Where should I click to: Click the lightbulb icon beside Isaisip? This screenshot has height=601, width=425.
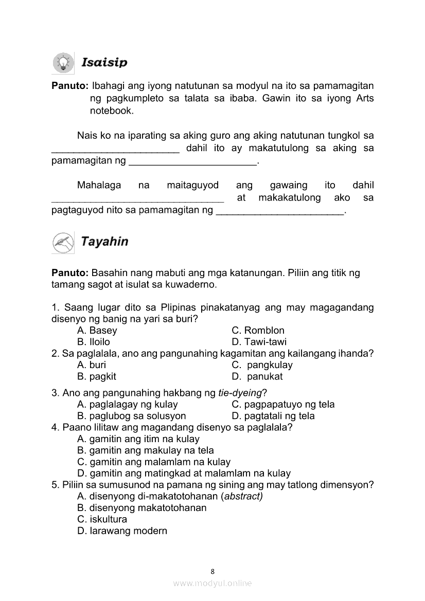(63, 63)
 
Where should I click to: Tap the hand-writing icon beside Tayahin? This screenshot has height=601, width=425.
(63, 242)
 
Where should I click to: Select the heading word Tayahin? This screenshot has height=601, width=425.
(104, 242)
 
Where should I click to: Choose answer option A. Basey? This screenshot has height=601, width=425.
(97, 331)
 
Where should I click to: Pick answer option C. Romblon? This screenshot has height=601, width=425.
(258, 331)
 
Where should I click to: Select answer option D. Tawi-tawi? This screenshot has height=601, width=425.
(259, 342)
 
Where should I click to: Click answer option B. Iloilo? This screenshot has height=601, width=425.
(93, 342)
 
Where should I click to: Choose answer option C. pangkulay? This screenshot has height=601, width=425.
(262, 365)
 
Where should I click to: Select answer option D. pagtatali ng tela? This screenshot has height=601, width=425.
(273, 416)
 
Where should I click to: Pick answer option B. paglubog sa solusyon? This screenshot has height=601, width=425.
(131, 416)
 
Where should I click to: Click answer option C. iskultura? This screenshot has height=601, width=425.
(102, 519)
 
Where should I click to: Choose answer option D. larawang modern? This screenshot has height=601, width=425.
(122, 531)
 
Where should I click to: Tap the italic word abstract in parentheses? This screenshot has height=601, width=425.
(242, 497)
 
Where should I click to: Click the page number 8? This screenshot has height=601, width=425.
(213, 571)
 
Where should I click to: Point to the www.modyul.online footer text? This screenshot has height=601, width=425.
(213, 583)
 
